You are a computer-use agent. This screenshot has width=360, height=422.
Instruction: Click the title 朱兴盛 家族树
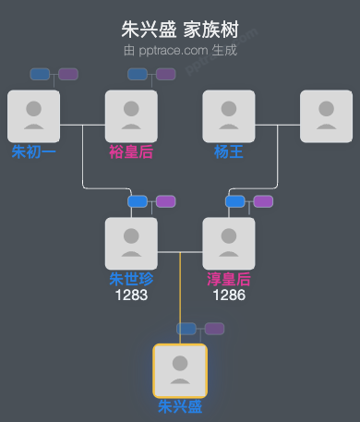coord(180,29)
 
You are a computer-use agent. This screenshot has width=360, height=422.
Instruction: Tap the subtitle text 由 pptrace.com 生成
coord(180,50)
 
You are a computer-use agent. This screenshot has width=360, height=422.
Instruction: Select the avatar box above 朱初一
coord(33,116)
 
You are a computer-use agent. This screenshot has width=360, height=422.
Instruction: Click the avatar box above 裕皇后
coord(131,116)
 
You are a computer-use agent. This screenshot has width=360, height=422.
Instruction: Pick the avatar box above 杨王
coord(229,116)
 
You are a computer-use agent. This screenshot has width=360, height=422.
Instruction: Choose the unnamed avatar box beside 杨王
coord(326,116)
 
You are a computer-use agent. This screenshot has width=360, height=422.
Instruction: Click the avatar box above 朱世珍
coord(131,243)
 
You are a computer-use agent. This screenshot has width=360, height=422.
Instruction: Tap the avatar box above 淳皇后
coord(229,243)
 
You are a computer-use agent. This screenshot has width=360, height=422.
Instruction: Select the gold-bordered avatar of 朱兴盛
coord(180,370)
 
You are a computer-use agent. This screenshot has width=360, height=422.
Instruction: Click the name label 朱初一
coord(33,151)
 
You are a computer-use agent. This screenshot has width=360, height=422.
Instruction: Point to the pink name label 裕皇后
coord(131,151)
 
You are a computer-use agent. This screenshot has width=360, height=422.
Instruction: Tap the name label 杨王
coord(229,151)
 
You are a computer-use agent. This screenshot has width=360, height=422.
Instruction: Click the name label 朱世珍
coord(131,279)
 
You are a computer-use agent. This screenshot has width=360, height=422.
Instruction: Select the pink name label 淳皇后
coord(229,279)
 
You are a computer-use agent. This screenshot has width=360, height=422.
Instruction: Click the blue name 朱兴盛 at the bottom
coord(180,406)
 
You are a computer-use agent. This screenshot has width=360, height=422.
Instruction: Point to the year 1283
coord(131,295)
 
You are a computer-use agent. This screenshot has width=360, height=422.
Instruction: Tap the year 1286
coord(229,295)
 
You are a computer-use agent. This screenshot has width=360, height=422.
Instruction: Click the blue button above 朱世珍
coord(138,201)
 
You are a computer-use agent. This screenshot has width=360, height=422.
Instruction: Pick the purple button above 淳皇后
coord(263,201)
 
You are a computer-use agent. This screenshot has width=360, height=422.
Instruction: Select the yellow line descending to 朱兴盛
coord(180,295)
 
